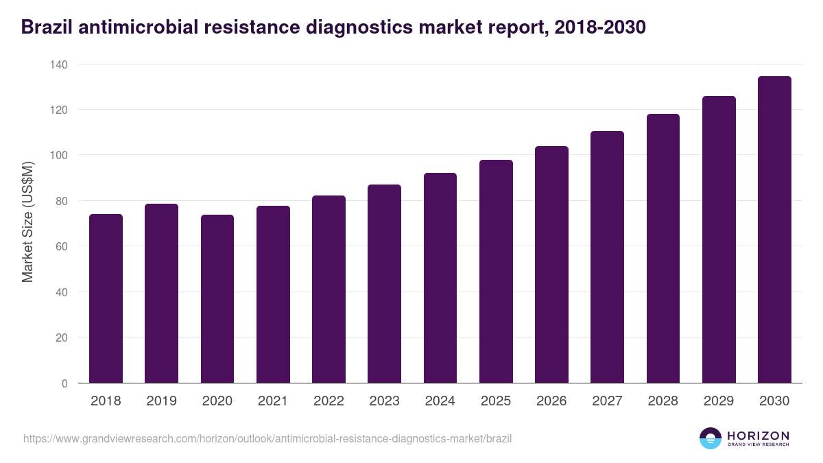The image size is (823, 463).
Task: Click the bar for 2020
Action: coord(217,299)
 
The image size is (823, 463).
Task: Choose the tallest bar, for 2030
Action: coord(774,229)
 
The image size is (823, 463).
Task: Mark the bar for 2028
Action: coord(663,248)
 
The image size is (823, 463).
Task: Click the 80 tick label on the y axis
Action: coord(62,201)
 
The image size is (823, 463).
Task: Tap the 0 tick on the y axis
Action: coord(64,383)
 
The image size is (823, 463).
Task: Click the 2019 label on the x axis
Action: coord(161,401)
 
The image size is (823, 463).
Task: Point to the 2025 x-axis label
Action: coord(496,401)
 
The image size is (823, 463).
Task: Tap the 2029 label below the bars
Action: coord(719,401)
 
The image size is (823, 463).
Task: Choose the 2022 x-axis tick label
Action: coord(329,401)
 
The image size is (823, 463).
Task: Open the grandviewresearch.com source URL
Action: coord(267,438)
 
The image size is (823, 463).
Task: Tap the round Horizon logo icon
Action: coord(711,438)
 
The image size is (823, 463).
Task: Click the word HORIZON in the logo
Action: coord(758,435)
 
